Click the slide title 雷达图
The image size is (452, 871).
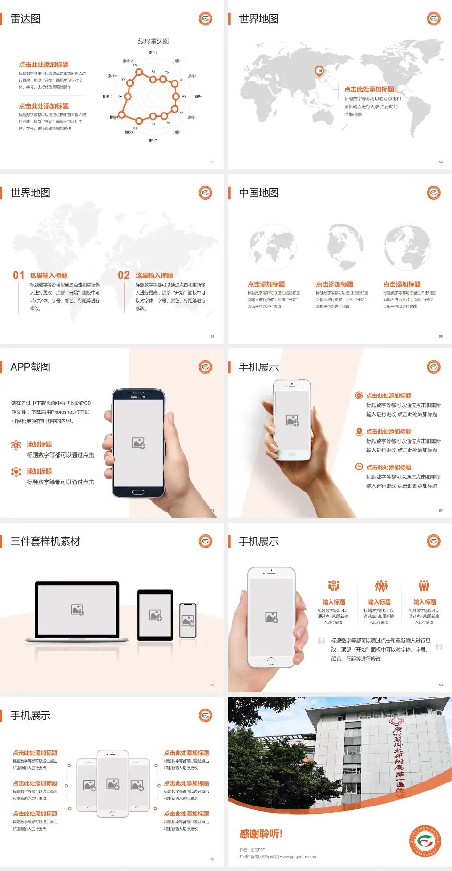[25, 19]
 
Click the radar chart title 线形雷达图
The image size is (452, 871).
[153, 41]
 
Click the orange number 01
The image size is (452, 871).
[18, 275]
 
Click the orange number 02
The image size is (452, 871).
[124, 275]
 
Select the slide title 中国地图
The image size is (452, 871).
[258, 193]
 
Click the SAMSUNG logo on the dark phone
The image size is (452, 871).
[138, 397]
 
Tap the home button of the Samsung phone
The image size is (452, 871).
[138, 492]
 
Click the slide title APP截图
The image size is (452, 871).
[31, 367]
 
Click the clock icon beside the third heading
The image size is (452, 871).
[359, 467]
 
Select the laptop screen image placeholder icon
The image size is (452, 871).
[77, 610]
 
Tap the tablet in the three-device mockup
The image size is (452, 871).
[155, 614]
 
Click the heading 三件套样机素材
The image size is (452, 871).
[45, 541]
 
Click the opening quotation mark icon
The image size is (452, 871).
[322, 641]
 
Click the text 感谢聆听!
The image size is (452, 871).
[261, 834]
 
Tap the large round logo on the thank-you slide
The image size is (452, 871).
[425, 840]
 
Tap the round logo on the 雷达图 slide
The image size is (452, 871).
[205, 19]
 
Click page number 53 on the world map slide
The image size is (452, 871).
[441, 162]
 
